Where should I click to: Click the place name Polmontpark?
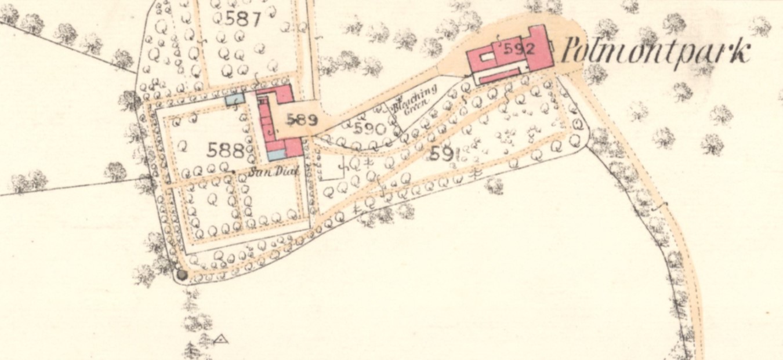655,52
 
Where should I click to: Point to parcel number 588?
225,151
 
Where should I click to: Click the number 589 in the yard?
302,121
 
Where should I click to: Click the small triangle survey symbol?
220,339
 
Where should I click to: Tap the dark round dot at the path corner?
182,275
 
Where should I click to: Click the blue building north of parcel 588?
234,99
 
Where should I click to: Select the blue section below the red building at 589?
276,155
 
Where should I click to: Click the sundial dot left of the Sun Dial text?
233,172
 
